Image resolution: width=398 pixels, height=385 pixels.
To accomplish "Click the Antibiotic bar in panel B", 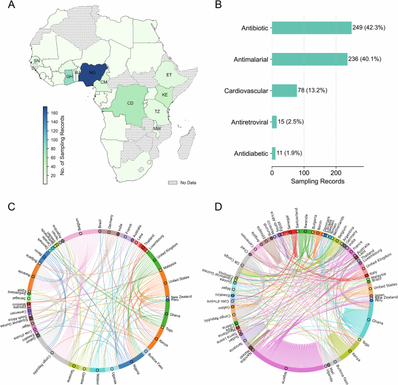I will [x=311, y=28].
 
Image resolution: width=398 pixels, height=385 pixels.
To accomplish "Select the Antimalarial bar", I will [x=310, y=59].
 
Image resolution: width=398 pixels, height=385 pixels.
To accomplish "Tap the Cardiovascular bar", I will [x=284, y=91].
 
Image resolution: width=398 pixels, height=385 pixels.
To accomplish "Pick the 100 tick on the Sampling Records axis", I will [x=304, y=172].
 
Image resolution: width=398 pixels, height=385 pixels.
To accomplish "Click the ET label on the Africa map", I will [x=167, y=76].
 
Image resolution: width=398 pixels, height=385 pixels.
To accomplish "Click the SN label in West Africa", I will [x=37, y=60].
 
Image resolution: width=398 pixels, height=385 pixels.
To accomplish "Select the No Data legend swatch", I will [x=172, y=182].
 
